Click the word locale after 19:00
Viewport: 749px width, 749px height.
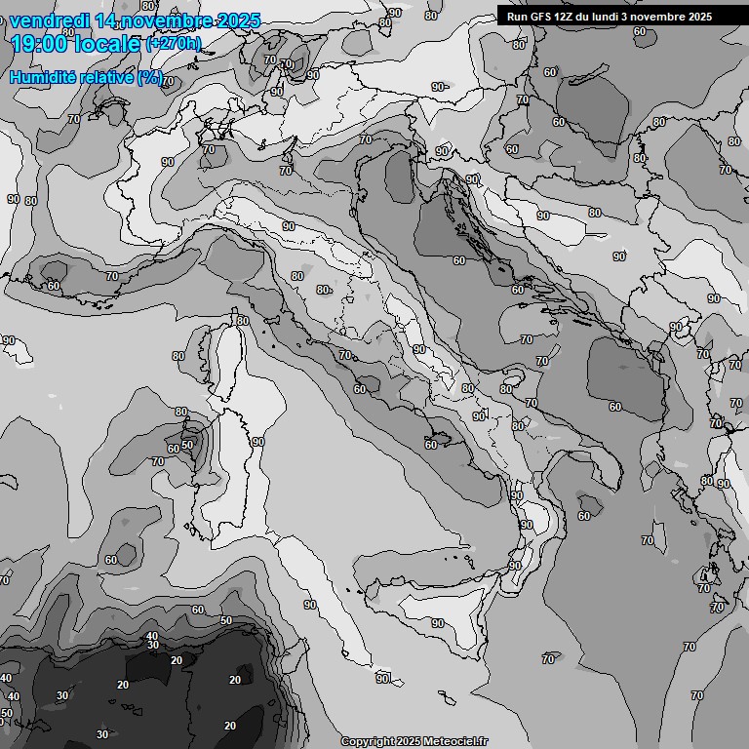(106, 43)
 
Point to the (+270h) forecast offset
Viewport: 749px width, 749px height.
(173, 43)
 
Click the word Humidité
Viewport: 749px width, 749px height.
(42, 77)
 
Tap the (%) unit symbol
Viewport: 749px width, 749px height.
(149, 77)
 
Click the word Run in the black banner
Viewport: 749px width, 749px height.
(517, 17)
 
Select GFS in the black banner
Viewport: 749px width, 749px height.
(541, 17)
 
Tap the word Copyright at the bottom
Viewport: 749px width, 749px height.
(367, 741)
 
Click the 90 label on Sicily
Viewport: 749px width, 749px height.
(438, 623)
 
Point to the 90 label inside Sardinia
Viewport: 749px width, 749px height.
(257, 442)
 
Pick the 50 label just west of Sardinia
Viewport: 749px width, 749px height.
(187, 444)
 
